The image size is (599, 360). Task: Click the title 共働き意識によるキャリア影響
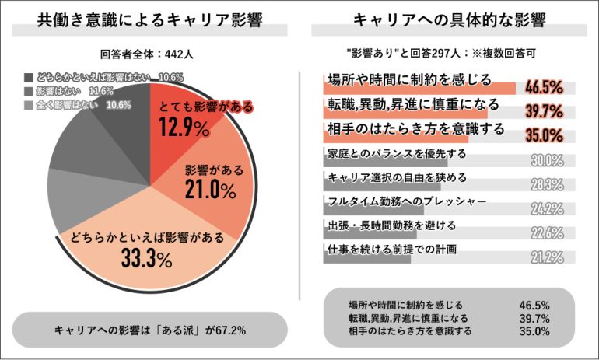tap(149, 21)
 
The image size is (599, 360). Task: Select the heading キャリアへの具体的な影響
tap(449, 21)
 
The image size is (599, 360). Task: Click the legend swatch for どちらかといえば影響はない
tap(29, 78)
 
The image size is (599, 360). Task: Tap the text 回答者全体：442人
tap(149, 55)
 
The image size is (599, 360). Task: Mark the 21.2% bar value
tap(547, 257)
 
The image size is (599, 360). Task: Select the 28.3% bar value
tap(547, 185)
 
